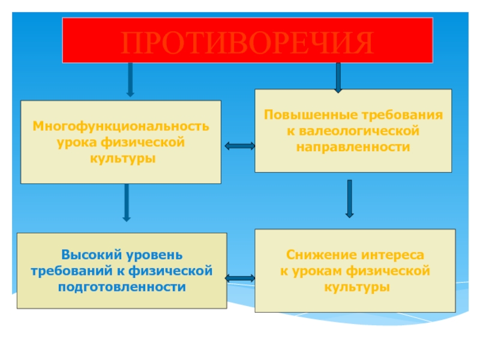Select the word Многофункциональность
121,127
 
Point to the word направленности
353,146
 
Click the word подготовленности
122,287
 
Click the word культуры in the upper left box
122,159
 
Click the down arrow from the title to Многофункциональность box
130,79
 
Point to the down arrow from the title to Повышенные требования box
338,77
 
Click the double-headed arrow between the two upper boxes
239,145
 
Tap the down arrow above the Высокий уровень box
127,203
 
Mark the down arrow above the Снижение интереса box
349,199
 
